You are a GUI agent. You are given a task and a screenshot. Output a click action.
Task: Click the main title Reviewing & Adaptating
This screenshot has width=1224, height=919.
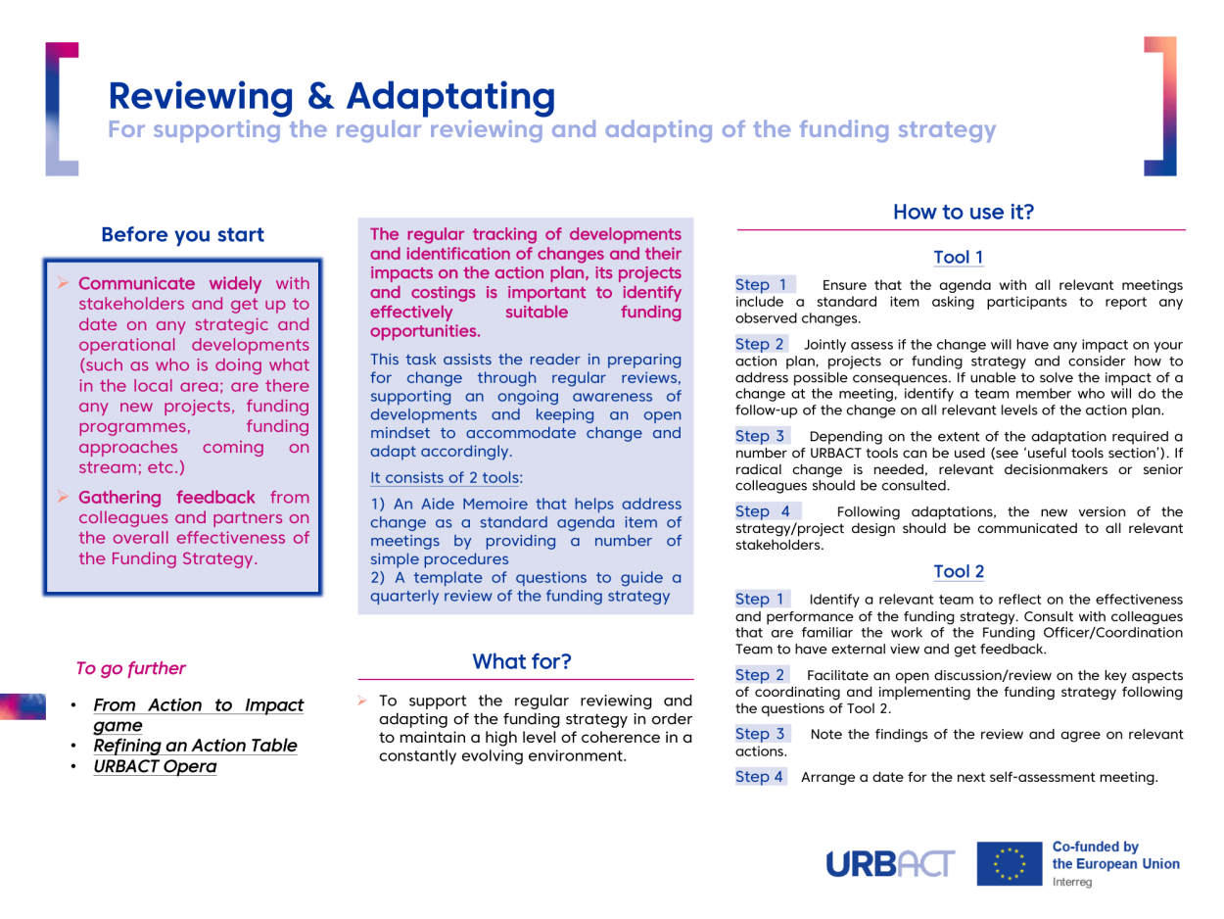point(332,95)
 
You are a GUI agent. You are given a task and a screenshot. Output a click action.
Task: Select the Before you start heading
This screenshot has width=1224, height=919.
point(182,235)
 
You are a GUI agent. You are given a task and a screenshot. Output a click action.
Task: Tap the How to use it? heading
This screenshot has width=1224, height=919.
point(964,211)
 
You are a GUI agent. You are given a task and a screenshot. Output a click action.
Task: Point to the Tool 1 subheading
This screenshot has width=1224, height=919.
point(959,258)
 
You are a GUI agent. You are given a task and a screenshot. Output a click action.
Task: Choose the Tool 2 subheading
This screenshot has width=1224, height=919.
point(959,571)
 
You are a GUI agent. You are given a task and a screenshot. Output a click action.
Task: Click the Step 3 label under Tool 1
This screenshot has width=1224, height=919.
point(761,435)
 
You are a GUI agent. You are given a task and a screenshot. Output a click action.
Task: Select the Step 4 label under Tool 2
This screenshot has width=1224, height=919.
point(761,777)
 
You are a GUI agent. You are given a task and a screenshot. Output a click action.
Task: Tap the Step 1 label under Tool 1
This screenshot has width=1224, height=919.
point(761,285)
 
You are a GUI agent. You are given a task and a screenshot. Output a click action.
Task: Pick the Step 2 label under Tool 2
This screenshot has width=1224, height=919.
point(761,675)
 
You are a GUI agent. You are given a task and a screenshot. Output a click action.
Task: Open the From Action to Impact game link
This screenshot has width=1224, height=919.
point(198,715)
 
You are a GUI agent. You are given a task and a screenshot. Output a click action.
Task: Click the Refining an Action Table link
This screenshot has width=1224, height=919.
point(194,746)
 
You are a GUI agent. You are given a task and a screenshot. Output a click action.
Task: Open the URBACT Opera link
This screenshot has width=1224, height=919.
point(155,766)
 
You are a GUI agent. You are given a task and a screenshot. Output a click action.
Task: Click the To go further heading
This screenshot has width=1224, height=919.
point(130,669)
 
